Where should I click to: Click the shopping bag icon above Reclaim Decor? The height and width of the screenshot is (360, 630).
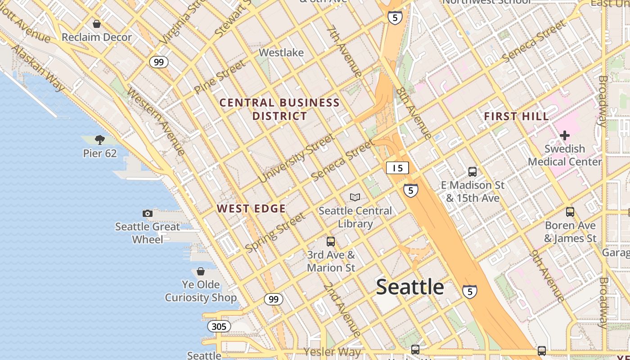tap(96, 24)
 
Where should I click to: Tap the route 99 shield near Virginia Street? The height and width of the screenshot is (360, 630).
tap(159, 62)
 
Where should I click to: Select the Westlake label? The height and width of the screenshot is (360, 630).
tap(281, 53)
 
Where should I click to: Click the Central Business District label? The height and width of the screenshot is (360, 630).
tap(279, 109)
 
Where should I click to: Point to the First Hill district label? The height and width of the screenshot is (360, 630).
tap(516, 117)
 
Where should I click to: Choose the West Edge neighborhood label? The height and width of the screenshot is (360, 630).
tap(251, 208)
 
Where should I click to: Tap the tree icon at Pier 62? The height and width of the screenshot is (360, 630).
tap(100, 140)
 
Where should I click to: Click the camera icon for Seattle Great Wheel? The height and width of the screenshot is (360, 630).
tap(147, 213)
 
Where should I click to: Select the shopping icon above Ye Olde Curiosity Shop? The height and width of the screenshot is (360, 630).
tap(201, 271)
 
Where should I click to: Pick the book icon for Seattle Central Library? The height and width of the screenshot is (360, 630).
tap(355, 197)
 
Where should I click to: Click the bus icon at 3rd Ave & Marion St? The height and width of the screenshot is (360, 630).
tap(331, 242)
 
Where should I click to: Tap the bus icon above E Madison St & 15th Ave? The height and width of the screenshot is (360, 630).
tap(472, 171)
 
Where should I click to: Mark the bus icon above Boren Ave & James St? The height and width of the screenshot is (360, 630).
tap(570, 212)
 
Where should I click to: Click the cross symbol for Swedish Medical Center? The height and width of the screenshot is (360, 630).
tap(564, 135)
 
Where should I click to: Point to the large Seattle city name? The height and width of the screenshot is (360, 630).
tap(410, 287)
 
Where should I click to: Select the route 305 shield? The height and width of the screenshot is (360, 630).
tap(219, 326)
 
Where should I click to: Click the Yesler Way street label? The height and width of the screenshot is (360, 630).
tap(332, 351)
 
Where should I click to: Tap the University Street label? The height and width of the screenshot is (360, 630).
tap(296, 158)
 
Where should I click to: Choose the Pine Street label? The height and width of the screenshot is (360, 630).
tap(220, 77)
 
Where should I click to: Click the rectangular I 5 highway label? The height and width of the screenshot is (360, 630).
tap(397, 168)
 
